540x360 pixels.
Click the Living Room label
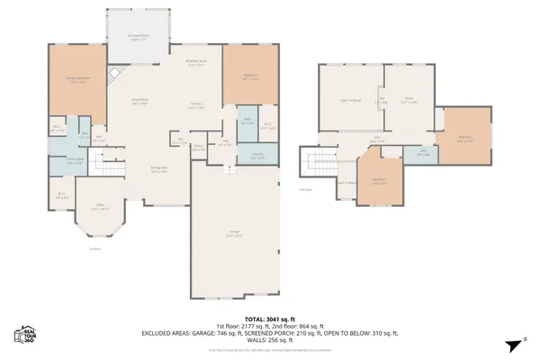click(140, 102)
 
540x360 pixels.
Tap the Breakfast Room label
click(197, 64)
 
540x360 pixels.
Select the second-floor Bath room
click(422, 153)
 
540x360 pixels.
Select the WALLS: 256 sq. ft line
click(271, 339)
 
